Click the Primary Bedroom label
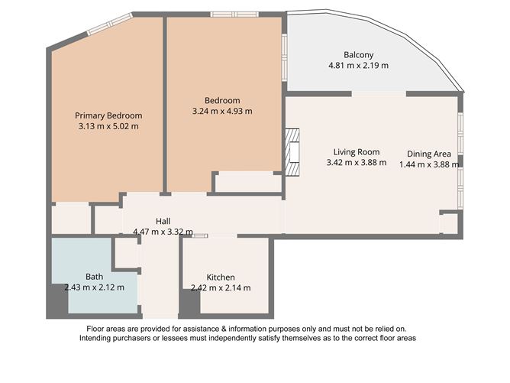[108, 115]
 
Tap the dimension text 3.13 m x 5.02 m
[108, 126]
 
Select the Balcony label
[358, 54]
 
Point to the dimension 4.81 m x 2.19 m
[358, 65]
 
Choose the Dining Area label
[428, 153]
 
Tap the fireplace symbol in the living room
[292, 152]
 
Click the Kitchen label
[221, 277]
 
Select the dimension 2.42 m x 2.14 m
[221, 287]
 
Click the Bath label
[94, 276]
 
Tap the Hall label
[163, 221]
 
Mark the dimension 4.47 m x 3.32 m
[163, 231]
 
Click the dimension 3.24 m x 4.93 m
[222, 111]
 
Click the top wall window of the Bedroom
[234, 14]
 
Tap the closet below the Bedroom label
[247, 183]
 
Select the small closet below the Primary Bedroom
[72, 218]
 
